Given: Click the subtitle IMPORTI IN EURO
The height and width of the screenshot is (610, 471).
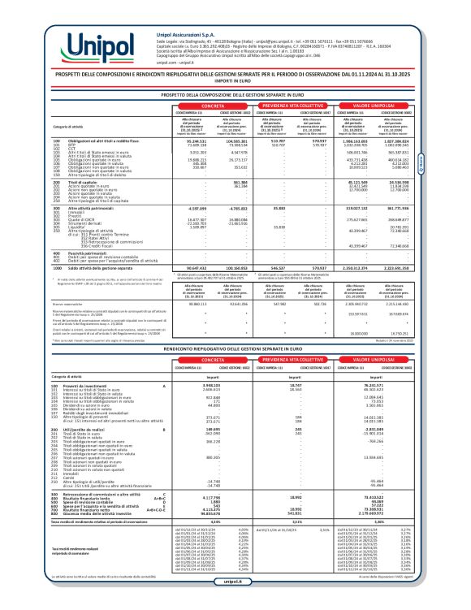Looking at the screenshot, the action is (235, 80).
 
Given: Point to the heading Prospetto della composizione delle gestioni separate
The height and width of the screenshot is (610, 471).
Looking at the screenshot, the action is (235, 95).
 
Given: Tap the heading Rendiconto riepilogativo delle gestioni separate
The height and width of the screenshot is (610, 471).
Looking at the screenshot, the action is (235, 347).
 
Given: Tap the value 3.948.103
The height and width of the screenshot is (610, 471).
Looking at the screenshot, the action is (202, 385).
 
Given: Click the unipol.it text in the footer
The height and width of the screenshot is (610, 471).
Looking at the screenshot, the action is (235, 603).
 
